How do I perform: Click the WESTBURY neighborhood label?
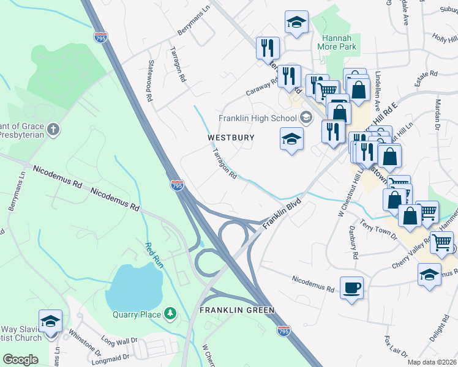coord(230,138)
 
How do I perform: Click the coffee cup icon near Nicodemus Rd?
coord(351,287)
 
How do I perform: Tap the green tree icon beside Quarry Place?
coord(171,314)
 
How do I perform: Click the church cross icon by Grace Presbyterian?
coord(53,129)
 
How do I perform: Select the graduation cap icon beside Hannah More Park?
coord(296,23)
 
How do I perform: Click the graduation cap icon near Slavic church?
coord(50,320)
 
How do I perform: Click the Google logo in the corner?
coord(20,359)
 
